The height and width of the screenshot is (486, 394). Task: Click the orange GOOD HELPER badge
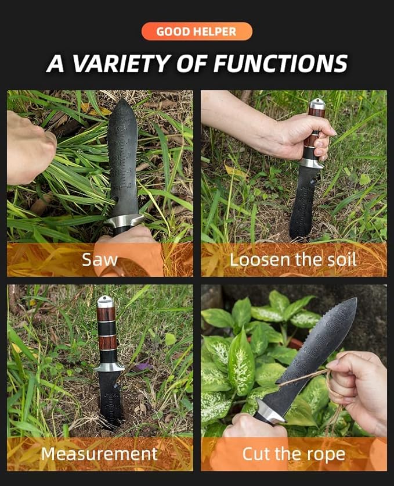click(x=197, y=31)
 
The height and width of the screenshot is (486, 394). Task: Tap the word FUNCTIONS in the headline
click(x=279, y=63)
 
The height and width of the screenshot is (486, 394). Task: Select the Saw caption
click(x=100, y=259)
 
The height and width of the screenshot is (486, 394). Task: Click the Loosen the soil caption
click(x=293, y=259)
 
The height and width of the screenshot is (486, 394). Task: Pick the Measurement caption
click(x=99, y=453)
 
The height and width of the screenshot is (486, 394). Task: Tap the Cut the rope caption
click(x=293, y=453)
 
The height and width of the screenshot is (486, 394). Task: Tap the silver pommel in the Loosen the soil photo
click(x=317, y=104)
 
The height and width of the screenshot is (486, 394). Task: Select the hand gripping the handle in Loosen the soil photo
click(x=302, y=137)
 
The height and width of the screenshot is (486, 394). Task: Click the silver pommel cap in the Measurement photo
click(x=105, y=302)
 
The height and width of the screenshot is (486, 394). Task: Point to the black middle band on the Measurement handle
click(x=106, y=328)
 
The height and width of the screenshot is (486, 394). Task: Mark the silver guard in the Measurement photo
click(x=109, y=366)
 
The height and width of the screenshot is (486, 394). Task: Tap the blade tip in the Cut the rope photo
click(x=353, y=302)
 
